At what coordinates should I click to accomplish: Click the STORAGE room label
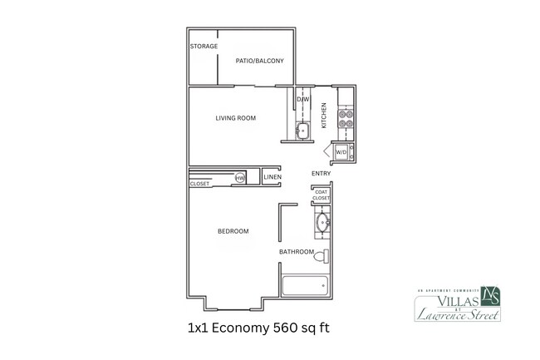(x=204, y=47)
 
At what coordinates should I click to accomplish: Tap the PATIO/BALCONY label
(x=259, y=61)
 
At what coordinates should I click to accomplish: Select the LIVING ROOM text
(x=235, y=118)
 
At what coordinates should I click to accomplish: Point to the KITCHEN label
(x=325, y=112)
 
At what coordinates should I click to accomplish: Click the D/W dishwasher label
(x=303, y=101)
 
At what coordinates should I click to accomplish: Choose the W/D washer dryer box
(x=341, y=153)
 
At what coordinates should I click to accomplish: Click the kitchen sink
(x=303, y=131)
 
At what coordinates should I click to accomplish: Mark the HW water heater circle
(x=239, y=178)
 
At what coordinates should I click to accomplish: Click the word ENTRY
(x=321, y=174)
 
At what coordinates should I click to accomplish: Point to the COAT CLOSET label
(x=322, y=195)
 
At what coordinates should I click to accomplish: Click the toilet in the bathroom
(x=322, y=256)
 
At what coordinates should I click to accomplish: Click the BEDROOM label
(x=233, y=231)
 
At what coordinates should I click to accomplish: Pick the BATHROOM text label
(x=296, y=252)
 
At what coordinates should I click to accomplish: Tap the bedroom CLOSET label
(x=199, y=184)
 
